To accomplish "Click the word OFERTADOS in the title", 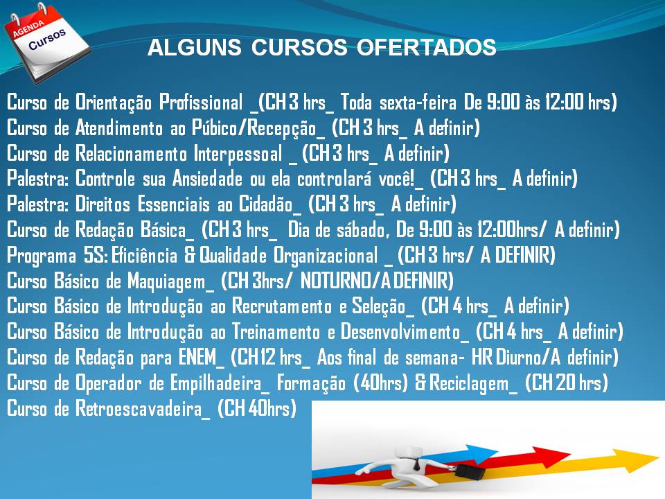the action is click(x=426, y=47).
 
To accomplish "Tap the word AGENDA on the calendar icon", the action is click(x=28, y=29).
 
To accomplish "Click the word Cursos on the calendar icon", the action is click(x=47, y=39).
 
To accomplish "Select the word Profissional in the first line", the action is click(x=201, y=103).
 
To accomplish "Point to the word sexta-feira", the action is click(x=418, y=103).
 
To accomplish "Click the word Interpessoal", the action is click(x=238, y=153).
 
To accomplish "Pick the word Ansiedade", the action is click(x=207, y=179).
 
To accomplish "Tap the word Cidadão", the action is click(x=266, y=204).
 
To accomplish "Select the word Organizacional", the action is click(x=326, y=256).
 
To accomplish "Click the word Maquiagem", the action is click(x=167, y=281).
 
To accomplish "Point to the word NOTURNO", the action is click(x=335, y=281).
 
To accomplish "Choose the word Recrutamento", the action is click(x=282, y=306).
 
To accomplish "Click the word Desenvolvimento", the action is click(x=400, y=331).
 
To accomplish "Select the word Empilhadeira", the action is click(x=216, y=383).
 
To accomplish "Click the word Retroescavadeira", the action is click(x=139, y=408).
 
